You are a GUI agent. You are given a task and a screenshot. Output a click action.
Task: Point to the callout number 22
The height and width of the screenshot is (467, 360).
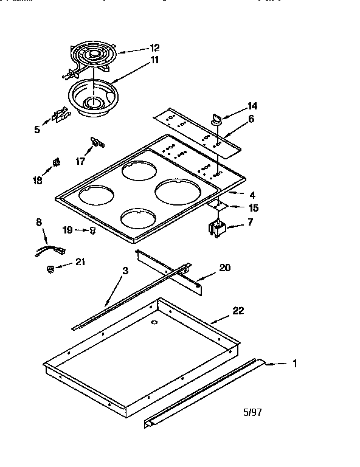point(238,311)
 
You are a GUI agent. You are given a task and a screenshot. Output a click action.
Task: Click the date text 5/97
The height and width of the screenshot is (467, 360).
point(253,412)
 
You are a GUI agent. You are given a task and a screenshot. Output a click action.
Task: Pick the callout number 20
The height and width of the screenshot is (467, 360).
point(224,268)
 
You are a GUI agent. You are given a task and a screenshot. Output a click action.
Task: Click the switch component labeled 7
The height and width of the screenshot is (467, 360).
point(216,230)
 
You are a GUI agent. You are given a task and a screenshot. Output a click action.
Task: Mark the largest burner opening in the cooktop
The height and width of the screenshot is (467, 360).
point(179,192)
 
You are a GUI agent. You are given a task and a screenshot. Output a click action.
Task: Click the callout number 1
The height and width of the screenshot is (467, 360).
point(294,364)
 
